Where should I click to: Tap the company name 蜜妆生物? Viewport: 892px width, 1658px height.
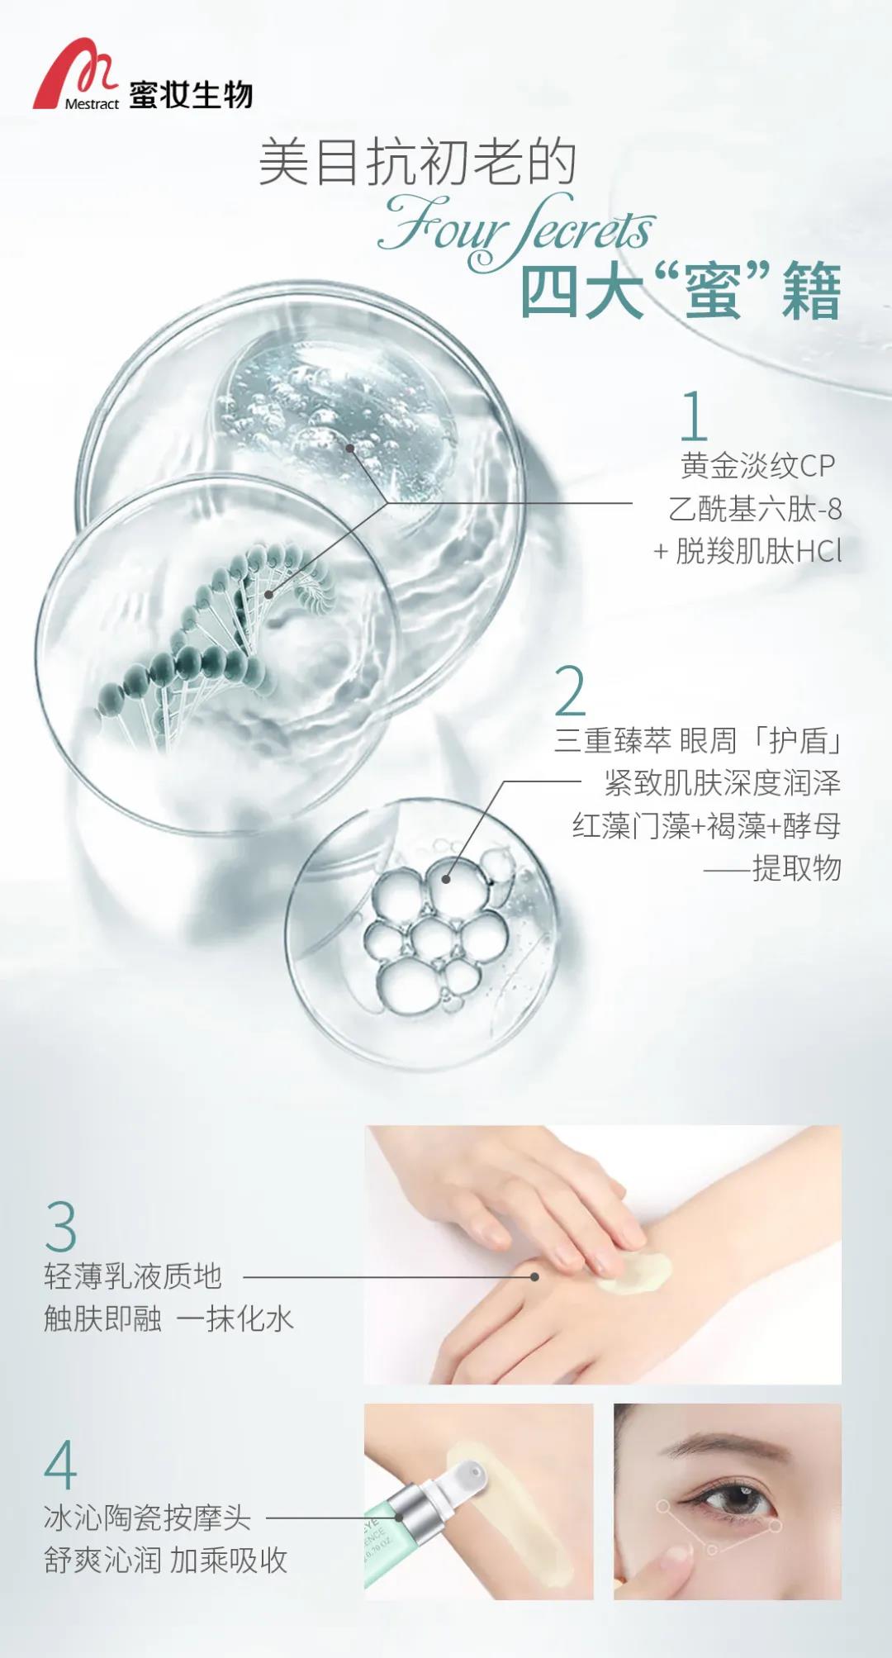pos(191,95)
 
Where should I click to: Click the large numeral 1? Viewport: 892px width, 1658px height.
pos(694,416)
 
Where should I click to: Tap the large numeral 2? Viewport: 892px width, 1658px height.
pos(570,690)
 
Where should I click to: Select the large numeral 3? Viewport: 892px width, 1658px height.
pos(61,1227)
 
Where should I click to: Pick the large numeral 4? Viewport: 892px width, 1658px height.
pos(60,1465)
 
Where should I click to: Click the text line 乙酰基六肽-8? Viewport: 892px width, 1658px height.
pos(755,509)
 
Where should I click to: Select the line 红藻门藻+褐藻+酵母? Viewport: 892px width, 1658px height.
pos(706,825)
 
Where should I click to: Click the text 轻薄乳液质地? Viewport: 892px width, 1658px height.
pos(133,1276)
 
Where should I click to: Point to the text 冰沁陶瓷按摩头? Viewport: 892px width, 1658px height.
pos(148,1518)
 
